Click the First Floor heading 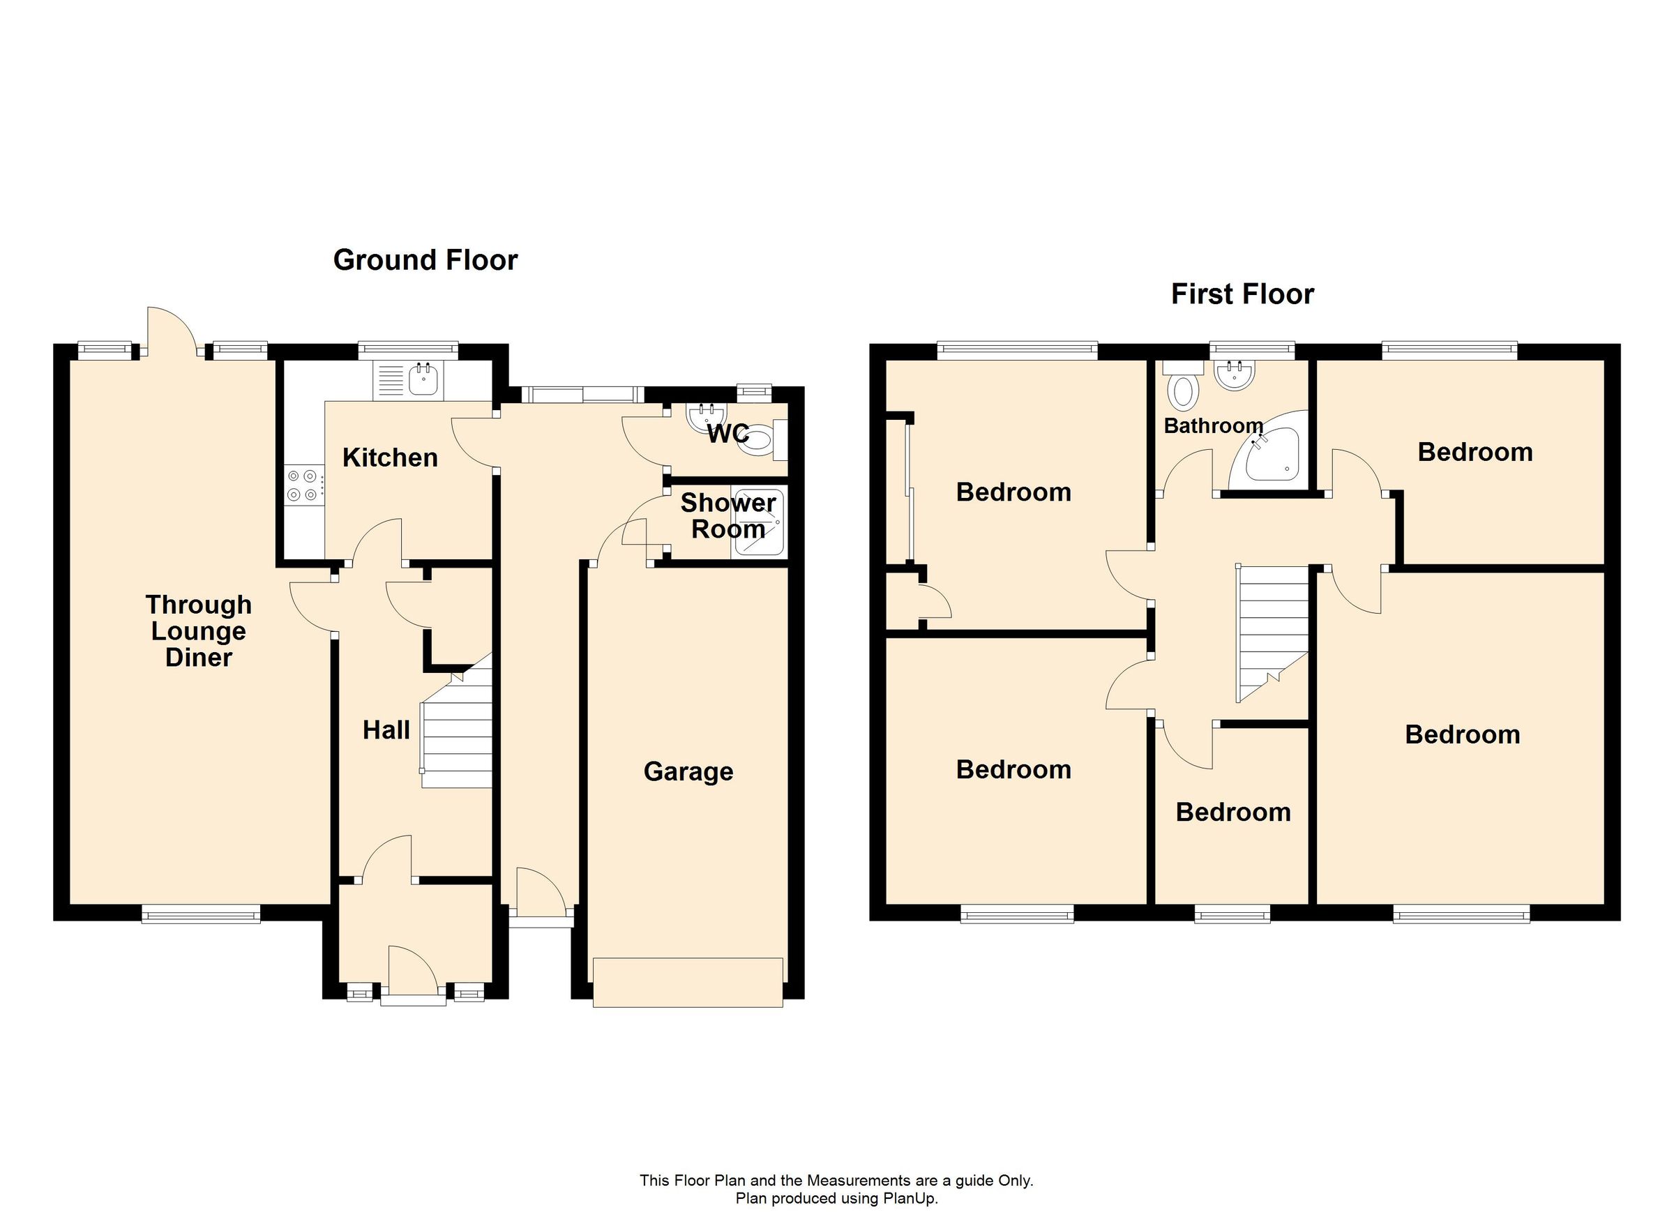[1242, 294]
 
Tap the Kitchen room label [390, 458]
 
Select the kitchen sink [423, 380]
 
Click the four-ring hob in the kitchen [303, 485]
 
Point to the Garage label [688, 771]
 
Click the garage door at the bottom [687, 981]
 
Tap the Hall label [386, 730]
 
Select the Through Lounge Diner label [199, 631]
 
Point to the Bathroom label [1214, 426]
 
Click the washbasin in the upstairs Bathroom [1233, 377]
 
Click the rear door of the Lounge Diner [172, 331]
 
